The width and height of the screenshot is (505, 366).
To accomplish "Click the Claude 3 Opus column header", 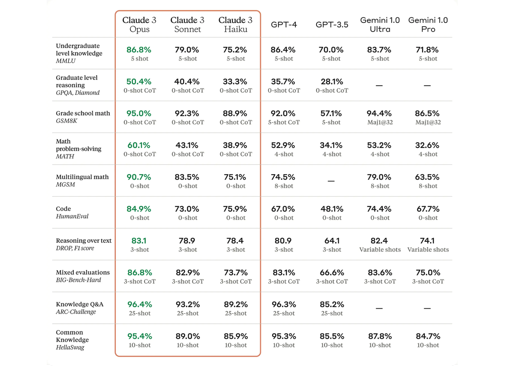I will click(139, 24).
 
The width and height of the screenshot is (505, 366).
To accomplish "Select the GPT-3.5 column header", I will click(332, 24).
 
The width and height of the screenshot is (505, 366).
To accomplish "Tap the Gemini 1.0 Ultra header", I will click(380, 24).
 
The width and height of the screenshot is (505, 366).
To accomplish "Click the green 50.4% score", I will click(139, 82).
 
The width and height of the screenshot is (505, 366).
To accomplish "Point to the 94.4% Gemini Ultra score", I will click(379, 113).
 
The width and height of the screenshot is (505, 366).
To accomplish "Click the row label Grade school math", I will click(83, 113).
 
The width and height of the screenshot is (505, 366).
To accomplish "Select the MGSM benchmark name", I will click(66, 185).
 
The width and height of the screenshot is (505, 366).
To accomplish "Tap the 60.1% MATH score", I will click(139, 145).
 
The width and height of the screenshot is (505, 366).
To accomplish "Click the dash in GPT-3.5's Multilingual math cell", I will click(331, 181).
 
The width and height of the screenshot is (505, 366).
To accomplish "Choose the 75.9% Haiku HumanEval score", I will click(235, 209).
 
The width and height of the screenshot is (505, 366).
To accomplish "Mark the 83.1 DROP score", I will click(139, 241).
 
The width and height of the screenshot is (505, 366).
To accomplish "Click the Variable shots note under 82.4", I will click(380, 250).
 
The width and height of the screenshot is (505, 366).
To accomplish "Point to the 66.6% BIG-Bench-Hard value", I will click(332, 273).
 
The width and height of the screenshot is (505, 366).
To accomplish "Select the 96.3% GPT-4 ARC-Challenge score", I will click(284, 304).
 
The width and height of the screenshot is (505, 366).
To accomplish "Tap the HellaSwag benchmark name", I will click(70, 347).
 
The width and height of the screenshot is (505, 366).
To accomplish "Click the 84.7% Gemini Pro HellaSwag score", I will click(428, 336).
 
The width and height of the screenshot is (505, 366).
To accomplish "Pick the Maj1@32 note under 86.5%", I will click(428, 122).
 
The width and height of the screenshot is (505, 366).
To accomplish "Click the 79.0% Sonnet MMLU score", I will click(187, 50).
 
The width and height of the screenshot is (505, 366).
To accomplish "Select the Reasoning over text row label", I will click(84, 241).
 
